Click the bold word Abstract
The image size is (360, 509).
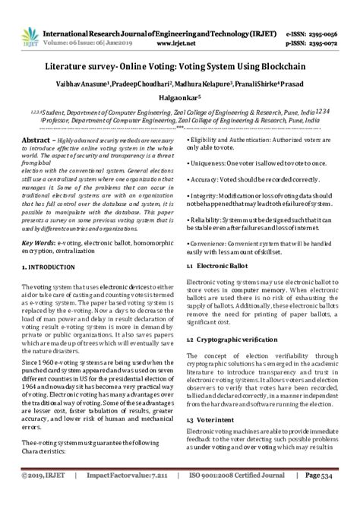click(36, 121)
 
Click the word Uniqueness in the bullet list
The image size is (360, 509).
click(211, 143)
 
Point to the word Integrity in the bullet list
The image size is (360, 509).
click(207, 175)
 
